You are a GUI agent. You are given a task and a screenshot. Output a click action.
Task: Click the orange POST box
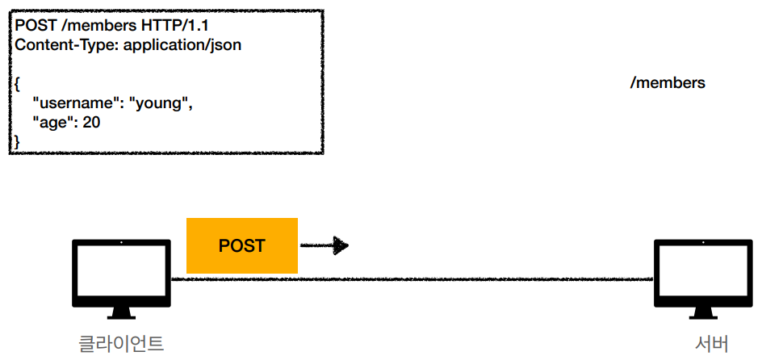241,245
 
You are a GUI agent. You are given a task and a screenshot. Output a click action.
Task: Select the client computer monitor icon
120,272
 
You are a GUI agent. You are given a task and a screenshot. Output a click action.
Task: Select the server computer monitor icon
701,272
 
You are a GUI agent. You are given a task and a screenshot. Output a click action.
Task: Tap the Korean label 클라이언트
121,344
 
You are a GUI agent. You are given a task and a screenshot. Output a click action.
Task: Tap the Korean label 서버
711,344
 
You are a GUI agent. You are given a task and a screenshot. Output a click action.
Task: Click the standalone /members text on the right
667,83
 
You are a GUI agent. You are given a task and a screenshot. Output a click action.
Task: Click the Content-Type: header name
64,45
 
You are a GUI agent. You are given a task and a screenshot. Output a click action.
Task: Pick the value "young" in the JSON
161,103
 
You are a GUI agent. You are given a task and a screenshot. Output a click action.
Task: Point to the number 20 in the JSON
91,123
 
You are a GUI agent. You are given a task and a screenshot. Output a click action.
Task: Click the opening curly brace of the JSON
18,84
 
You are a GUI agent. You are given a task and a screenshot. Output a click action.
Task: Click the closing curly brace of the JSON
18,141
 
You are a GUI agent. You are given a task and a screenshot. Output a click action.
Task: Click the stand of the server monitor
701,312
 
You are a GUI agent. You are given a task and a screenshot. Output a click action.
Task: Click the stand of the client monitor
120,312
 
